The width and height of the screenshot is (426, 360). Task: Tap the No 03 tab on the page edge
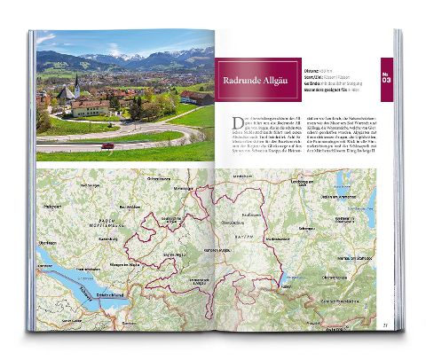click(x=385, y=77)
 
